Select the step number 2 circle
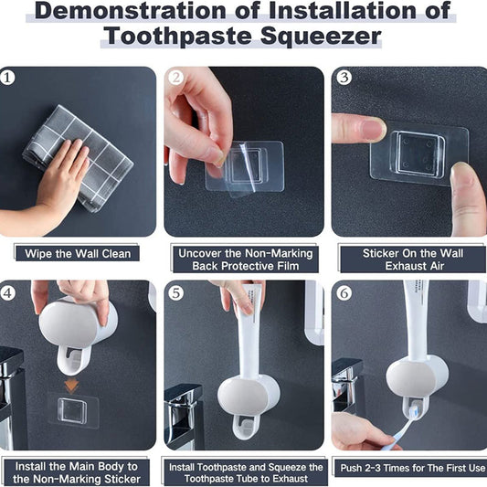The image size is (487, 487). [176, 78]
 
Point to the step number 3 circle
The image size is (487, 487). [344, 77]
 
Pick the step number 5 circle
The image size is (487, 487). [176, 294]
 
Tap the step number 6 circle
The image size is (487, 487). [344, 294]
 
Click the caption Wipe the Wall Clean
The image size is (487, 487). [78, 253]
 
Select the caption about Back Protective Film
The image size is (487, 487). [243, 259]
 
